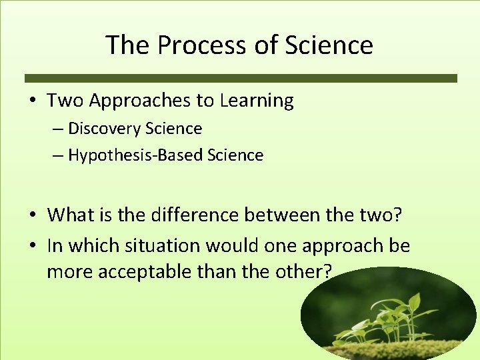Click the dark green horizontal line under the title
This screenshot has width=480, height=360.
click(x=241, y=78)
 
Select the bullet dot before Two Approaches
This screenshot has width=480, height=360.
click(x=33, y=101)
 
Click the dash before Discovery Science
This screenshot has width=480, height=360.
click(x=58, y=128)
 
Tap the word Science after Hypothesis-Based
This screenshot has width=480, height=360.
click(x=235, y=155)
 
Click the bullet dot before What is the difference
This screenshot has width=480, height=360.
click(x=33, y=215)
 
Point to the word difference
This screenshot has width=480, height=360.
click(x=195, y=215)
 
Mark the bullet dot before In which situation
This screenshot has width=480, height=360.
click(x=33, y=246)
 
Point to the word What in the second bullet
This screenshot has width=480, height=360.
click(x=71, y=215)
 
